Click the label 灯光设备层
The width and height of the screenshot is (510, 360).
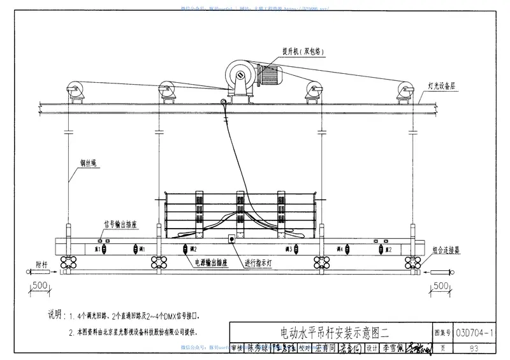441,85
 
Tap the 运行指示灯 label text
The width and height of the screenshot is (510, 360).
262,262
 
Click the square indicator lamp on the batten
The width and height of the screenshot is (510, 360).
230,240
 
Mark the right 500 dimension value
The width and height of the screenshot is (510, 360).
439,285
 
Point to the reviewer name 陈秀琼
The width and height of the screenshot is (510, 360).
259,349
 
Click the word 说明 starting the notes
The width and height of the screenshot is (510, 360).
55,315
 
